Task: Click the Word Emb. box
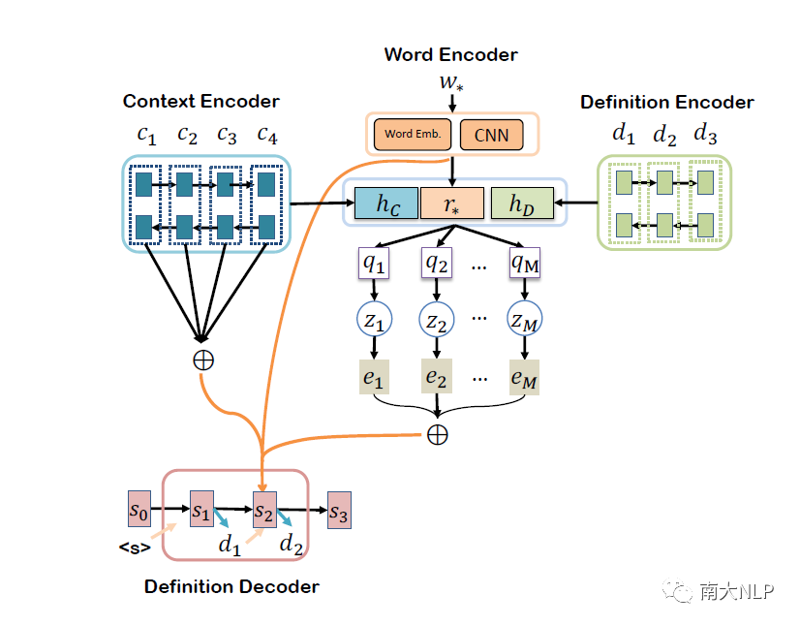[413, 134]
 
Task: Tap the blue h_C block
[385, 204]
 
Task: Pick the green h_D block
[522, 204]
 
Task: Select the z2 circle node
[438, 319]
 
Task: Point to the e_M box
[524, 378]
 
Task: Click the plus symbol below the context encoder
[203, 360]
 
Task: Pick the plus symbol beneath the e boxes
[438, 435]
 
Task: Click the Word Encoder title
[450, 54]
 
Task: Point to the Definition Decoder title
[231, 586]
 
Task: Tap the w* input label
[451, 84]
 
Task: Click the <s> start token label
[135, 548]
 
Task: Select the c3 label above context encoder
[227, 135]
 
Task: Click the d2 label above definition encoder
[664, 135]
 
